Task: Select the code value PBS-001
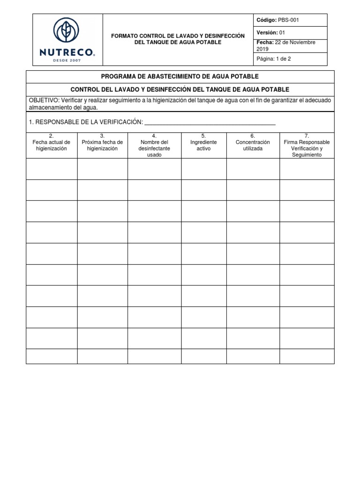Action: click(288, 20)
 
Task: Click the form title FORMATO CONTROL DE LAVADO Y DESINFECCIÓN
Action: click(178, 36)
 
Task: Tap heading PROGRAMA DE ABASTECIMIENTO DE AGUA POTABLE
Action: click(180, 76)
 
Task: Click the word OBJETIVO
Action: click(41, 101)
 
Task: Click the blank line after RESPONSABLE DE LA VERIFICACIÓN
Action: click(210, 123)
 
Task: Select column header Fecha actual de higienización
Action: click(52, 145)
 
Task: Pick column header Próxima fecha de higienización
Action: click(102, 145)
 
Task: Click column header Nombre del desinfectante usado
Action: click(154, 145)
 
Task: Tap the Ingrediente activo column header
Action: click(203, 145)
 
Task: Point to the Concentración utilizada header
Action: click(253, 145)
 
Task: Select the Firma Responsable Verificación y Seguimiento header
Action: click(307, 145)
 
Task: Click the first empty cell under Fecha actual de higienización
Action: click(52, 169)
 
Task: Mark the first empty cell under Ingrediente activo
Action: click(203, 169)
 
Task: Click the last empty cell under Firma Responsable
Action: click(307, 356)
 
